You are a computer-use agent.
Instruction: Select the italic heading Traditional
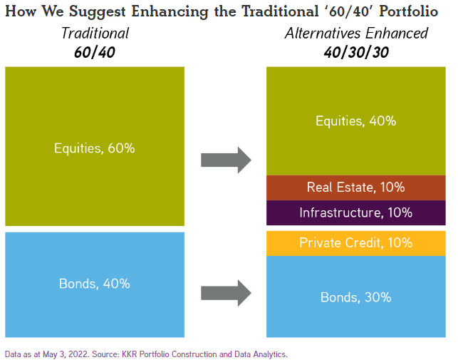pos(95,33)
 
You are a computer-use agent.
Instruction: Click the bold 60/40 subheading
pos(95,52)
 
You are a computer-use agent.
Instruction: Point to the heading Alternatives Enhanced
pos(355,33)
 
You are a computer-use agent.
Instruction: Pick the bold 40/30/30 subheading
pos(355,52)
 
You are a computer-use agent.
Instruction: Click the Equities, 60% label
pos(95,148)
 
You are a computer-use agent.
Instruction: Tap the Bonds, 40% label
pos(95,283)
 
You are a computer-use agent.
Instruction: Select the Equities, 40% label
pos(355,120)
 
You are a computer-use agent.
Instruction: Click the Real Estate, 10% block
pos(355,187)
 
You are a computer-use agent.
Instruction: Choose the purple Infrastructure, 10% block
pos(355,212)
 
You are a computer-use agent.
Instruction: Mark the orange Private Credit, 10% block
pos(355,242)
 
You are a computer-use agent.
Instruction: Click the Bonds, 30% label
pos(355,297)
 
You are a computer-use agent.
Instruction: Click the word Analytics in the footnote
pos(266,353)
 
